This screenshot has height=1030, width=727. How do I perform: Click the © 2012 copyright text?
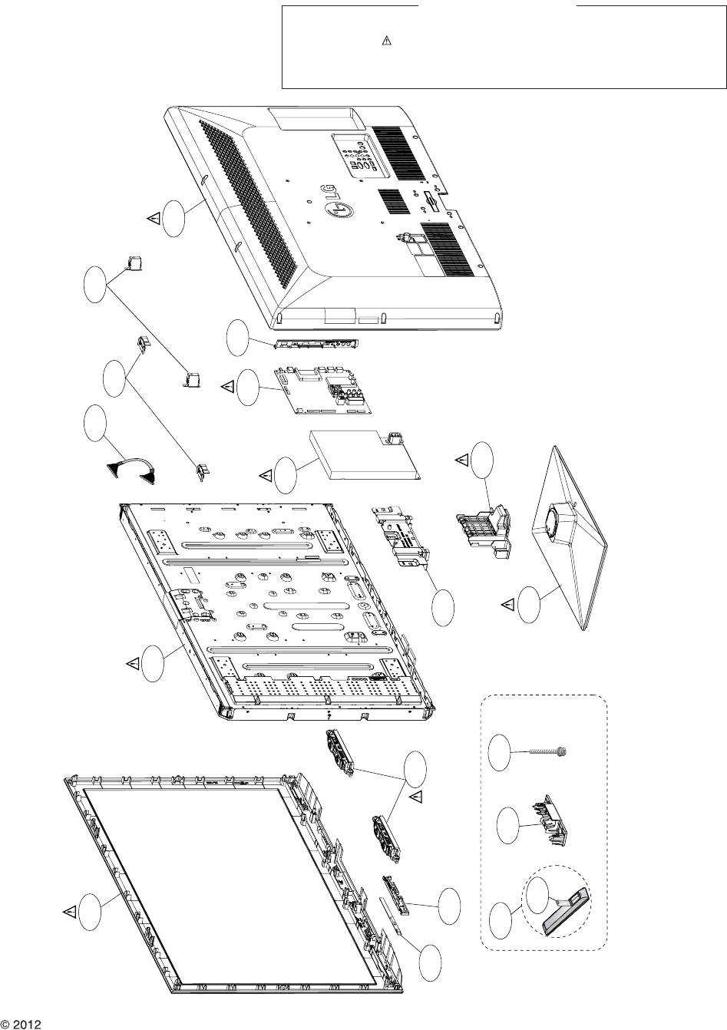20,1024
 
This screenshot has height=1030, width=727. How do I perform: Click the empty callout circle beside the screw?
500,752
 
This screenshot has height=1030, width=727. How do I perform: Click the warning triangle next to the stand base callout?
507,605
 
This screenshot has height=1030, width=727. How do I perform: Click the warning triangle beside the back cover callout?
154,219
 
